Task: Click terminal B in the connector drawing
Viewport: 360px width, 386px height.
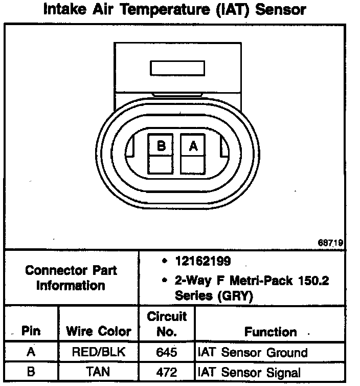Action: coord(161,146)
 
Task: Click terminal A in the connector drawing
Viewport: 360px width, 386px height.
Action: coord(193,146)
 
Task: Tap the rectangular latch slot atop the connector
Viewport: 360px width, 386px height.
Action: coord(176,69)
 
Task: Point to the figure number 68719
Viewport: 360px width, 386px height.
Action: coord(332,243)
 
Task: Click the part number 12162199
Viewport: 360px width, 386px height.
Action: coord(202,261)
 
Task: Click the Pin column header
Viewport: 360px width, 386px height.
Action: coord(31,331)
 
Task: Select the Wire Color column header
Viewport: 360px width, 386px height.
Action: coord(98,331)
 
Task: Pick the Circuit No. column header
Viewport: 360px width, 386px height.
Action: coord(167,324)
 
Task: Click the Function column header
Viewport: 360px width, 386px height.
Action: coord(271,331)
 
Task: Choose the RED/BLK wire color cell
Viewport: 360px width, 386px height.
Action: coord(98,353)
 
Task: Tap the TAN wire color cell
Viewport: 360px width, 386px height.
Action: coord(98,371)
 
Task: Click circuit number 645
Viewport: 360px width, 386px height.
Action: coord(167,353)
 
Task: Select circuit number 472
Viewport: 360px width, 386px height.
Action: coord(167,371)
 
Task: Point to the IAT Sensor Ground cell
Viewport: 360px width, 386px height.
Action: coord(253,353)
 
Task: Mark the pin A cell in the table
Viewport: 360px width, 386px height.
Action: coord(31,353)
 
